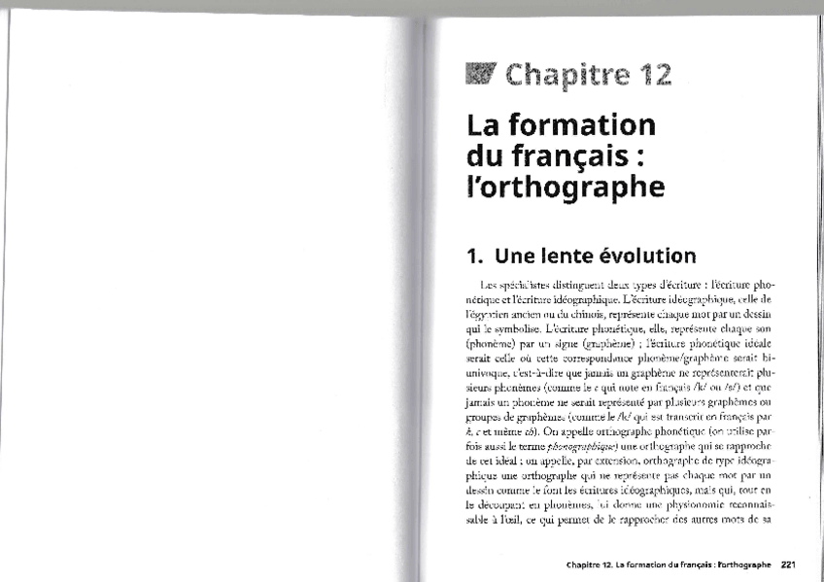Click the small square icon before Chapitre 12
(481, 73)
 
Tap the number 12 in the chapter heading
(651, 75)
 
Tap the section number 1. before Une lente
(475, 257)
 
